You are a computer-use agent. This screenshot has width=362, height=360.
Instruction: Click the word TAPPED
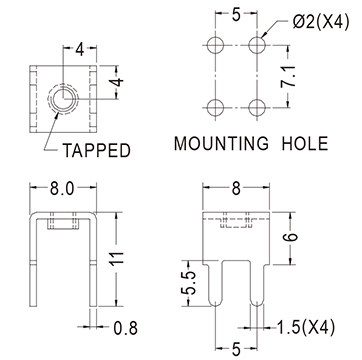(x=96, y=150)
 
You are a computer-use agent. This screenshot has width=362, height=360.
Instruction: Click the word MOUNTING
(x=221, y=143)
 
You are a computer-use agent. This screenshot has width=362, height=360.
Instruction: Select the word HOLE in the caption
(x=305, y=143)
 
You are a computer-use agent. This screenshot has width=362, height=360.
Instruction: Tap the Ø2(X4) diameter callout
(x=321, y=23)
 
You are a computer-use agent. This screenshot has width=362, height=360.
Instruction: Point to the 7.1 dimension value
(x=288, y=76)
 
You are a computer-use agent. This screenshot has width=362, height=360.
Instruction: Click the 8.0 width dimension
(x=63, y=189)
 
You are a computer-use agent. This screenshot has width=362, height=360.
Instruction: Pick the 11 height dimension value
(x=117, y=258)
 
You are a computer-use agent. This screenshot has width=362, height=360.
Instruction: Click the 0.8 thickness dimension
(x=125, y=328)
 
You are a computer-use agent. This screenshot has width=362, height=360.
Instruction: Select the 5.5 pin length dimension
(x=188, y=283)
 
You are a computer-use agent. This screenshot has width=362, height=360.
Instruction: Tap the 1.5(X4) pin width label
(x=306, y=327)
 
